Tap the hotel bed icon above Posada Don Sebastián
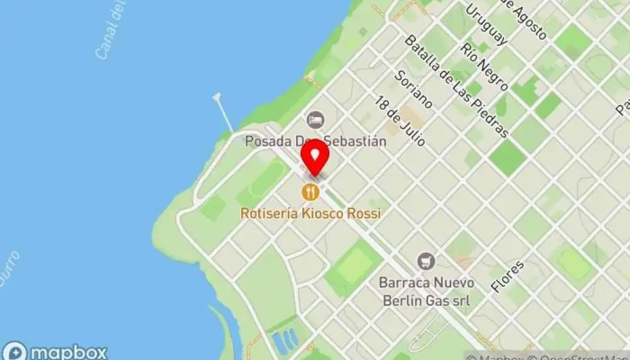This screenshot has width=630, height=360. tap(315, 119)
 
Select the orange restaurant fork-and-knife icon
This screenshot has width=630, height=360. tap(310, 191)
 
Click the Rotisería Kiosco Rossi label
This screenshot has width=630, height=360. tap(310, 213)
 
